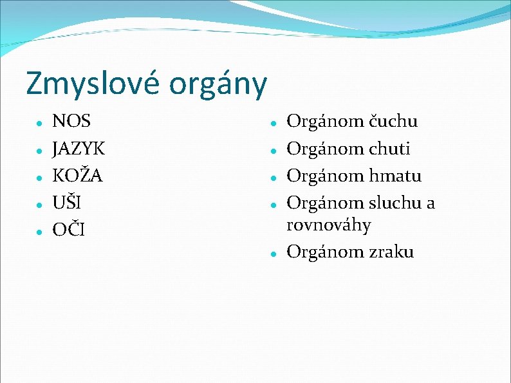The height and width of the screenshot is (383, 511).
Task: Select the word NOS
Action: pos(71,121)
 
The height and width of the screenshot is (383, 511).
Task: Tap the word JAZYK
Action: pos(79,149)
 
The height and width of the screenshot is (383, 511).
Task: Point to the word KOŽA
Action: pos(77,175)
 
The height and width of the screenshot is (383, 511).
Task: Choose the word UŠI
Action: pos(66,203)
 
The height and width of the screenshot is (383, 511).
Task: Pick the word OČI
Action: pos(68,230)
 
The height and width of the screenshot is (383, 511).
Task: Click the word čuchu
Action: pos(393,121)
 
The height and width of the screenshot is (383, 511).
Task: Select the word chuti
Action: pos(389,149)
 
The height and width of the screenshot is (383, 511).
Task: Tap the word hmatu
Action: pos(395,176)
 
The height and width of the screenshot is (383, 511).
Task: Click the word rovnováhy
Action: pos(328,226)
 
